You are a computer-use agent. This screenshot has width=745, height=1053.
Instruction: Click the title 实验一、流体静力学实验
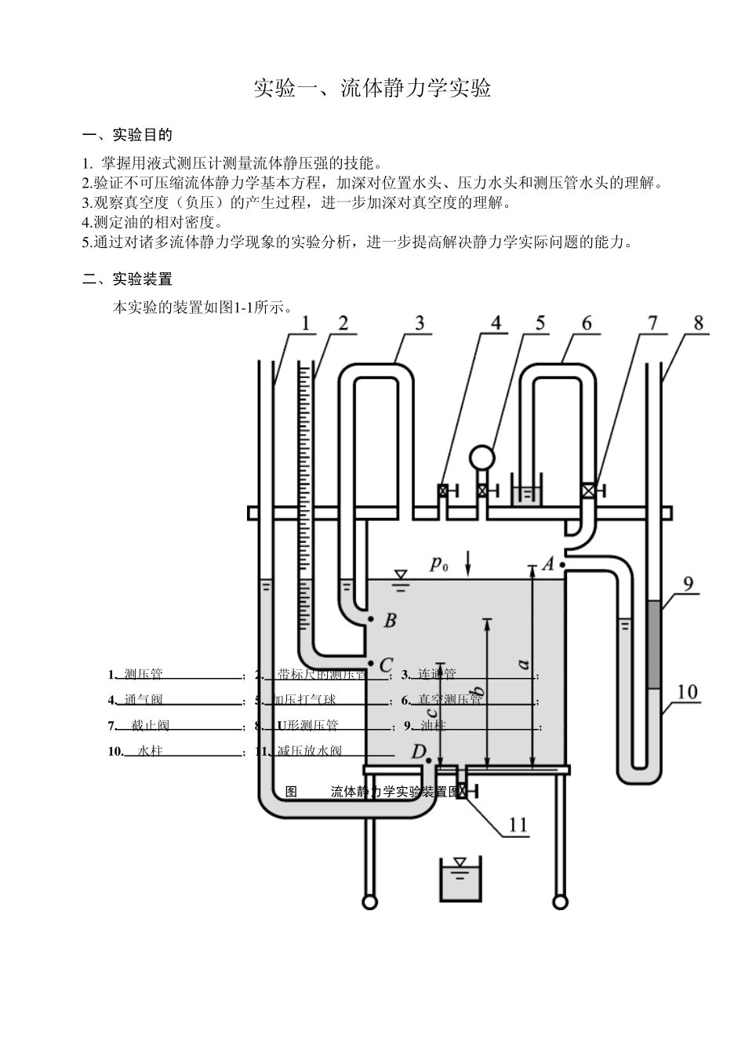372,88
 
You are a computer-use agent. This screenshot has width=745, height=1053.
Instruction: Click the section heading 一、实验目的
127,135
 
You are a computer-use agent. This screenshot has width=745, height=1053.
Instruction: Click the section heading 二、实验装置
127,279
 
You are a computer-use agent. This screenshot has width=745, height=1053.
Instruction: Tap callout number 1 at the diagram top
304,322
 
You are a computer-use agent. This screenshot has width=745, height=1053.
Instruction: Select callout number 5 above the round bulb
540,322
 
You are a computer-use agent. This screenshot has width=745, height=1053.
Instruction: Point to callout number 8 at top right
698,322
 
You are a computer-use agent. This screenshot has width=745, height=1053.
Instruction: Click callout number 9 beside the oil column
687,584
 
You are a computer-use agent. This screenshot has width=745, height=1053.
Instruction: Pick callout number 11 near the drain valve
518,824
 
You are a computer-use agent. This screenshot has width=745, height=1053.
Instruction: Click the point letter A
548,563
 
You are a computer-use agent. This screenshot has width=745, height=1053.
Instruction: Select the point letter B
390,621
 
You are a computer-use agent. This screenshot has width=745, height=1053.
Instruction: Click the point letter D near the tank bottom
418,752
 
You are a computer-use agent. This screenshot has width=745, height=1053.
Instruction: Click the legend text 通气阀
144,699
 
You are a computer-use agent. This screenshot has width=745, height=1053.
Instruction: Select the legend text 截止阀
150,725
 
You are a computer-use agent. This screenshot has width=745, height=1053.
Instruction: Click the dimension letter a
524,664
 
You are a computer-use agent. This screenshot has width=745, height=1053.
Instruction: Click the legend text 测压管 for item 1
144,674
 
